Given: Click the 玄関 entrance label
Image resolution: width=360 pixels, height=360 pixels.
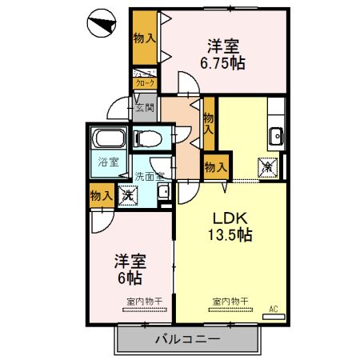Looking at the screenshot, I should (145, 108).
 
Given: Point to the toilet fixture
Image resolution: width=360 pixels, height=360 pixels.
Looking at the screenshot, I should (149, 138).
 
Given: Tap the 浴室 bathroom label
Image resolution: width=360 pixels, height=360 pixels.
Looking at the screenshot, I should (109, 162).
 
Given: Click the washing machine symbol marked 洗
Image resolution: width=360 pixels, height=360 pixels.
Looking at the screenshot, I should (127, 194).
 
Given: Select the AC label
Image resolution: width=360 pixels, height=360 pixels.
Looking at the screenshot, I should (273, 309).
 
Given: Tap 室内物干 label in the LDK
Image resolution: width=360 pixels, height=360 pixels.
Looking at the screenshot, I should (230, 302).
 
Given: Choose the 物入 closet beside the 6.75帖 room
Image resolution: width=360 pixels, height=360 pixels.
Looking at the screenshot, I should (145, 38).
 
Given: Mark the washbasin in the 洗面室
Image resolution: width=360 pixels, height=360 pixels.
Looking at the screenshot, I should (163, 192).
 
